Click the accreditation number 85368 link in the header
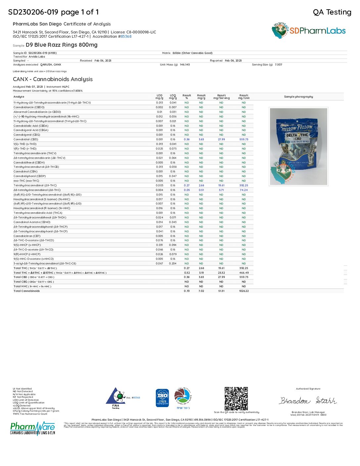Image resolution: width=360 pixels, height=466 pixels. (x=126, y=36)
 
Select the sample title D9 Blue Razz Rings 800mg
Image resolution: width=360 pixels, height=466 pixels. (x=62, y=45)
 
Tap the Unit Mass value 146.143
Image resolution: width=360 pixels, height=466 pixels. (x=185, y=65)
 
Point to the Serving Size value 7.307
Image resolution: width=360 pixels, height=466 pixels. (x=278, y=65)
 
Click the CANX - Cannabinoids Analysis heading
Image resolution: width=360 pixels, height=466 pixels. (x=53, y=79)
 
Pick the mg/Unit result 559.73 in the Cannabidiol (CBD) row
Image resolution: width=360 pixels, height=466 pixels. (x=244, y=139)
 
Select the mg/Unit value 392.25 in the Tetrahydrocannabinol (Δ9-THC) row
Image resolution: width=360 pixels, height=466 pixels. (x=244, y=185)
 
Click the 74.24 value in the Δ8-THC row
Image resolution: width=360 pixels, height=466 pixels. (x=244, y=190)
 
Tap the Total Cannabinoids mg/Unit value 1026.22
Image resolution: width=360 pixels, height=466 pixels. (x=244, y=291)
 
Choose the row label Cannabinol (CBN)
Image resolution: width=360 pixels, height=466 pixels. (x=25, y=171)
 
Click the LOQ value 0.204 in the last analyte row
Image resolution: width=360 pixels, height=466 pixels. (x=173, y=263)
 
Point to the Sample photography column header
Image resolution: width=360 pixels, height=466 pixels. (x=298, y=97)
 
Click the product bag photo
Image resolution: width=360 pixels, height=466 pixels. (x=298, y=146)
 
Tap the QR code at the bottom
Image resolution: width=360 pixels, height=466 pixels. (x=236, y=398)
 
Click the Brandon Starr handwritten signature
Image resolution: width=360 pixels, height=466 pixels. (x=308, y=401)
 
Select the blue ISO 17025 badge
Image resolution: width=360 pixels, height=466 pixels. (x=162, y=398)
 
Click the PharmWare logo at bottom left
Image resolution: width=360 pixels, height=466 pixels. (x=32, y=428)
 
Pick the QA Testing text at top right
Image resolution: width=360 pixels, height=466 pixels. (x=332, y=12)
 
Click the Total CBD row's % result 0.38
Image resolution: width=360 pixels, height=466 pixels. (x=187, y=277)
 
